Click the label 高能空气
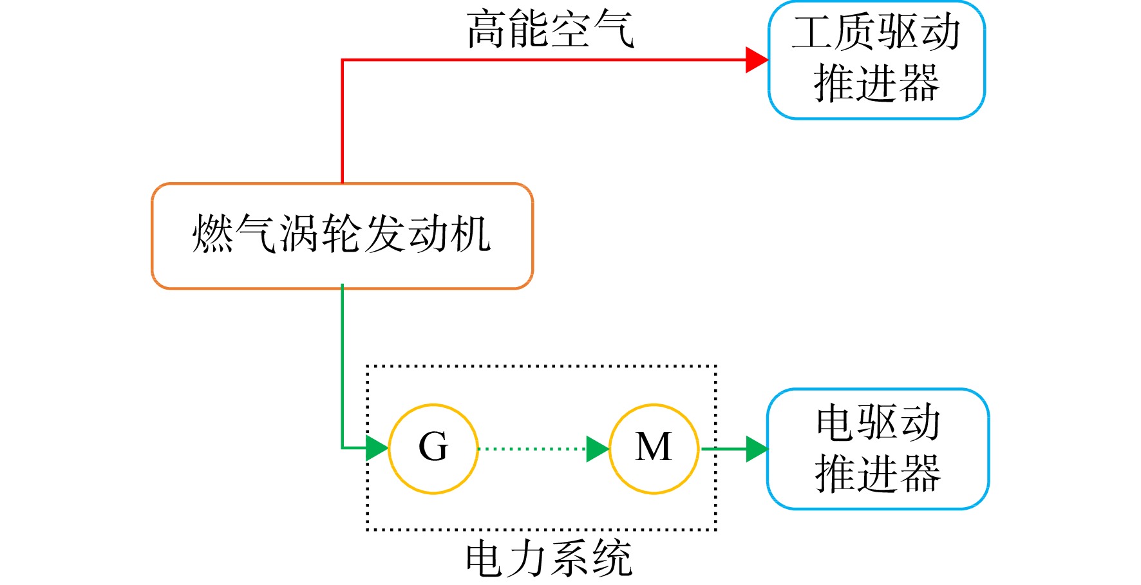click(x=551, y=30)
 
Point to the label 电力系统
click(x=549, y=559)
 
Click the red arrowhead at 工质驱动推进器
click(x=757, y=60)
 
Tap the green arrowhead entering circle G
click(x=377, y=448)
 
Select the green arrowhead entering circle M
click(x=598, y=449)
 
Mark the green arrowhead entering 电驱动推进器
click(x=757, y=449)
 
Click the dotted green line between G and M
click(x=533, y=449)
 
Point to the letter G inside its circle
click(x=433, y=447)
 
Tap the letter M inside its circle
click(x=654, y=447)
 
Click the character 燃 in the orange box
click(x=213, y=233)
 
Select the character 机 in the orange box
click(x=471, y=233)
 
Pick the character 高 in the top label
click(x=487, y=30)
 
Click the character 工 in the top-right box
click(x=813, y=32)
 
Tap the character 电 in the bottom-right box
click(x=836, y=423)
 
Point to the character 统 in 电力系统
click(x=612, y=559)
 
